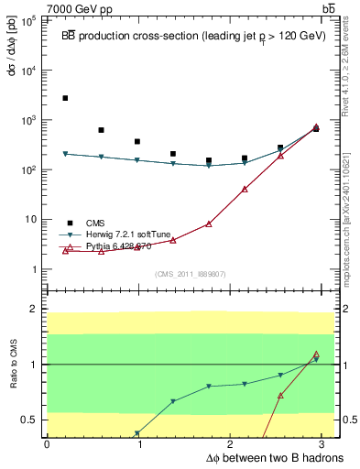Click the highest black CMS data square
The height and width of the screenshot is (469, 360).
coord(65,98)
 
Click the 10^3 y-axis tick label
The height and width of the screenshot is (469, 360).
coord(27,120)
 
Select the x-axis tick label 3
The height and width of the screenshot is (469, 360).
coord(327,444)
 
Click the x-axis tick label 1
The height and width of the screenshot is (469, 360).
coord(139,444)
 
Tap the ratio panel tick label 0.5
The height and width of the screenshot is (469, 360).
coord(31,420)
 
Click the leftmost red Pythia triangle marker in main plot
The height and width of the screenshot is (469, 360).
coord(65,250)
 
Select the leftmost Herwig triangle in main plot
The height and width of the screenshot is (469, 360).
coord(65,154)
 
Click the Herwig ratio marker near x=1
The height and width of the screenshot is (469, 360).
coord(137,433)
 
